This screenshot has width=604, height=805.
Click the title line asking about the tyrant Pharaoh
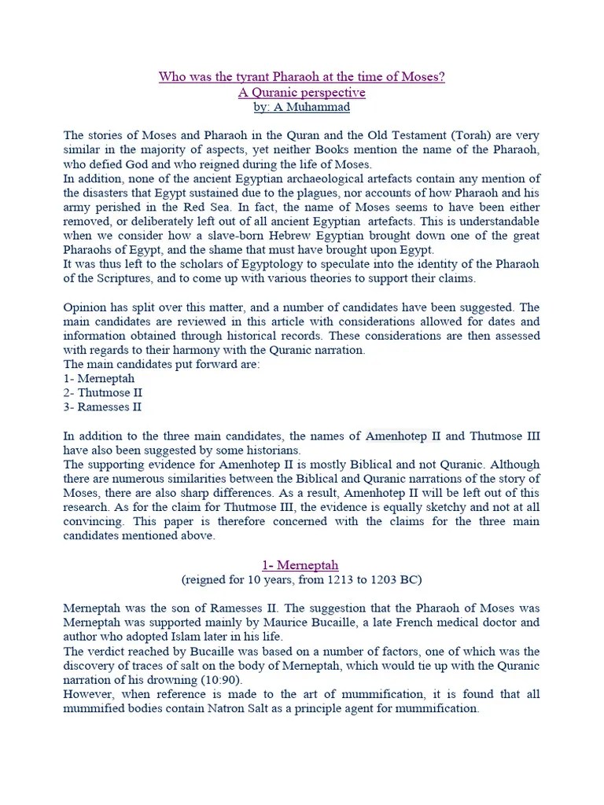tap(302, 77)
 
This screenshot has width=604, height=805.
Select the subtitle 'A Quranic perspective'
tap(302, 92)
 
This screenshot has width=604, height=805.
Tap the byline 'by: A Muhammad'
tap(302, 107)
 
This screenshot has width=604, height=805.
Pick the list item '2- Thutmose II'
tap(92, 392)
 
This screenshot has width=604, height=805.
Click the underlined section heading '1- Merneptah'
tap(301, 564)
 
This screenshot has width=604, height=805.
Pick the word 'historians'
tap(274, 450)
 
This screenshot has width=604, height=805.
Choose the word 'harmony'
tap(199, 350)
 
